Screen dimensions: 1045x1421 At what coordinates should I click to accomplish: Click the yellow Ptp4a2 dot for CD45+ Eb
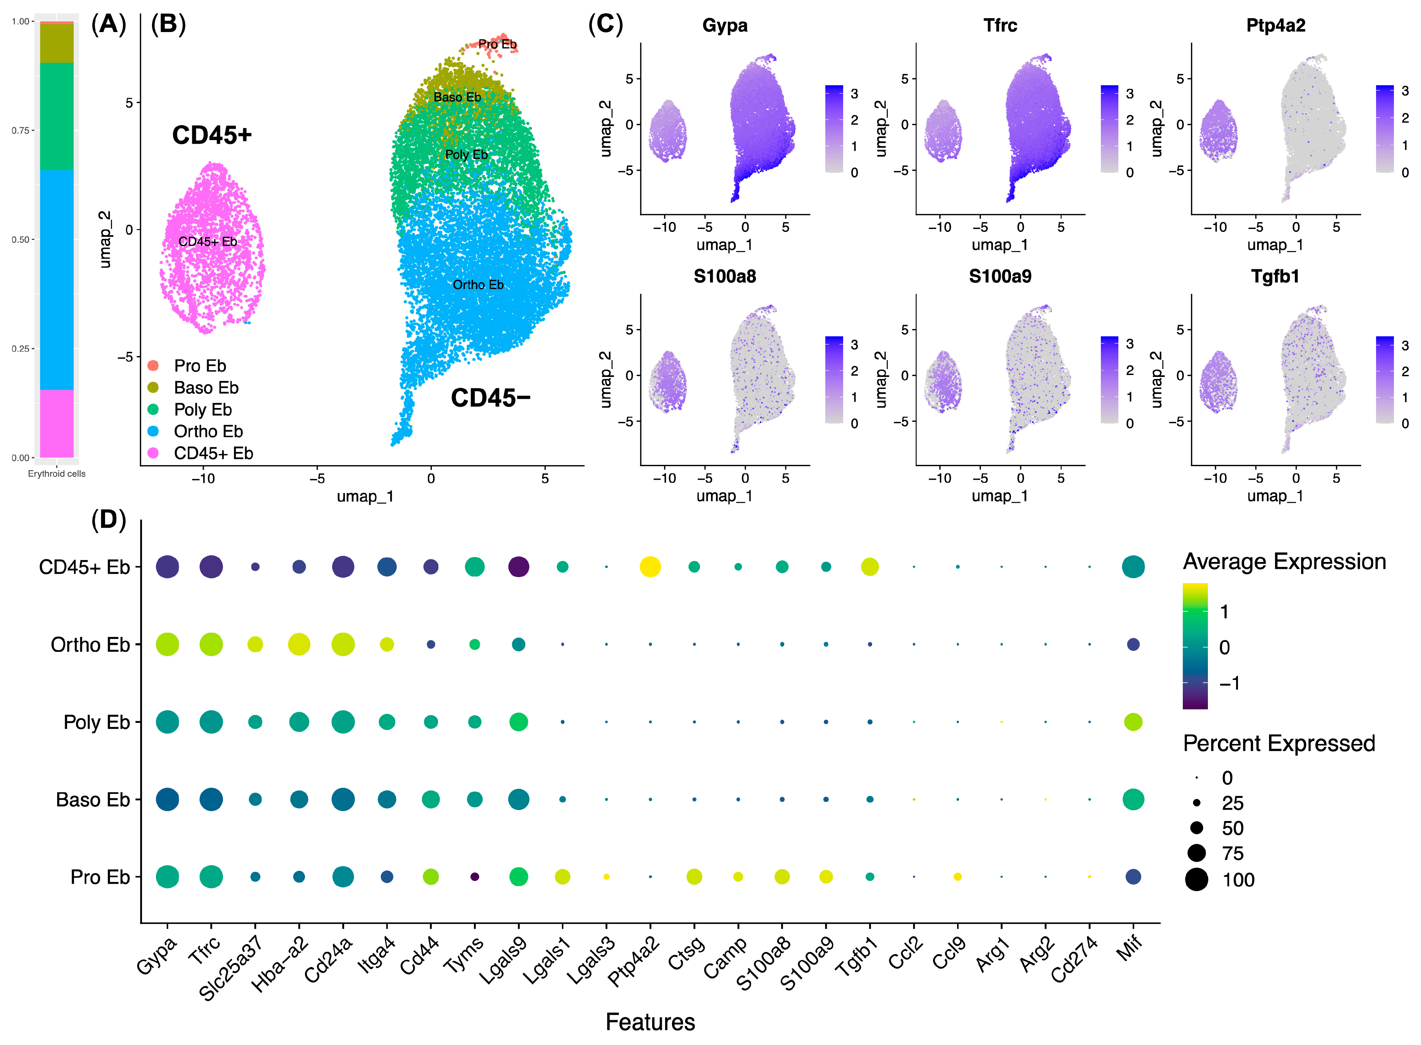tap(650, 567)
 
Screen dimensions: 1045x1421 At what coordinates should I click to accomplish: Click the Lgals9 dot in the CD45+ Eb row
tap(519, 567)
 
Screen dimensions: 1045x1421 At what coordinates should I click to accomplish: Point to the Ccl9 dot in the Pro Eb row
tap(957, 877)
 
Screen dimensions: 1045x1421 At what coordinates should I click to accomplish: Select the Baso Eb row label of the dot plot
tap(93, 800)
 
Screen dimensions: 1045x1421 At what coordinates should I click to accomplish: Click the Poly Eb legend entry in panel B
tap(203, 410)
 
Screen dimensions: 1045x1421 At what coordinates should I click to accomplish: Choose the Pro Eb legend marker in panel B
tap(153, 366)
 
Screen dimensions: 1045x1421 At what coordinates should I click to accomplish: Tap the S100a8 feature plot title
tap(725, 277)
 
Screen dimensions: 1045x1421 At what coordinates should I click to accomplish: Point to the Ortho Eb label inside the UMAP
tap(478, 285)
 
